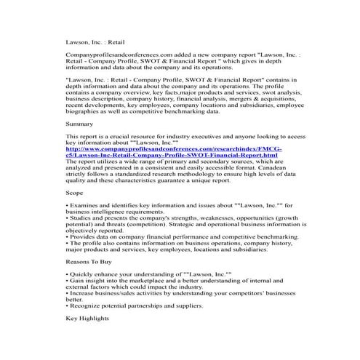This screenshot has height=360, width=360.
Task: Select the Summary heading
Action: (80, 124)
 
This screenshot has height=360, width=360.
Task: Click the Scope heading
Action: (76, 196)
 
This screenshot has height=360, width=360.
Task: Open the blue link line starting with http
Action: (174, 148)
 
